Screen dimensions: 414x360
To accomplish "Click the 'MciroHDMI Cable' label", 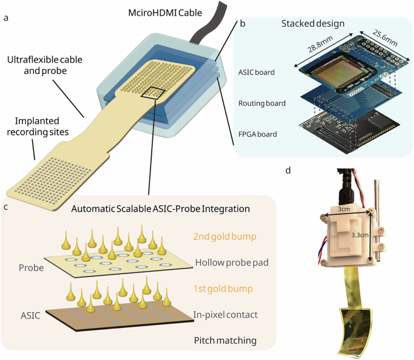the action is [x=165, y=13].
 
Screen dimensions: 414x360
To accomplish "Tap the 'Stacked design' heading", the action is [x=313, y=24].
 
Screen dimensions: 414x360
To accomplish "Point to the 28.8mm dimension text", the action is [x=320, y=44].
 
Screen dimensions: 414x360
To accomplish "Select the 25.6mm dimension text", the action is [x=385, y=38].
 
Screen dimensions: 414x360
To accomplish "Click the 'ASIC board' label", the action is [x=256, y=72].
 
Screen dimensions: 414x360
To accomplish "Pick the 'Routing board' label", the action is [x=262, y=103].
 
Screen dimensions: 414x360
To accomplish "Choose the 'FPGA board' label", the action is [x=257, y=134].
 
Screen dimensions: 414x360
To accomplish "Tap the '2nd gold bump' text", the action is [x=225, y=237].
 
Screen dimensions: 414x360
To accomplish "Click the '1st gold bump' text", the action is [x=223, y=289].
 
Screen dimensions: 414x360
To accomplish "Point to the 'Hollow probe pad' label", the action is [x=232, y=263].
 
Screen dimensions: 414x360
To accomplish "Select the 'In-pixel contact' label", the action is [x=225, y=315].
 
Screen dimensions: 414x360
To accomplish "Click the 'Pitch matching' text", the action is [x=225, y=341].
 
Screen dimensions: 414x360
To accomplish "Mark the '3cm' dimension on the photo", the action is [x=344, y=209].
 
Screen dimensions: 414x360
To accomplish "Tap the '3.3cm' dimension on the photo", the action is [x=360, y=235].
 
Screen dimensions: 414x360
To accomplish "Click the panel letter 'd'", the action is [x=288, y=171].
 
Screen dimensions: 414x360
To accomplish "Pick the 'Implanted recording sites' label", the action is [x=37, y=126].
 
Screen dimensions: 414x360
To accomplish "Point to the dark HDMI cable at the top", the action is [x=208, y=24].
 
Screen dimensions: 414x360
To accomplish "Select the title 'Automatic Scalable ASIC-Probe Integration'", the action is [x=161, y=209].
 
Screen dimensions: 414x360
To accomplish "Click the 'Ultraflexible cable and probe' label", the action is [x=45, y=65].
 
